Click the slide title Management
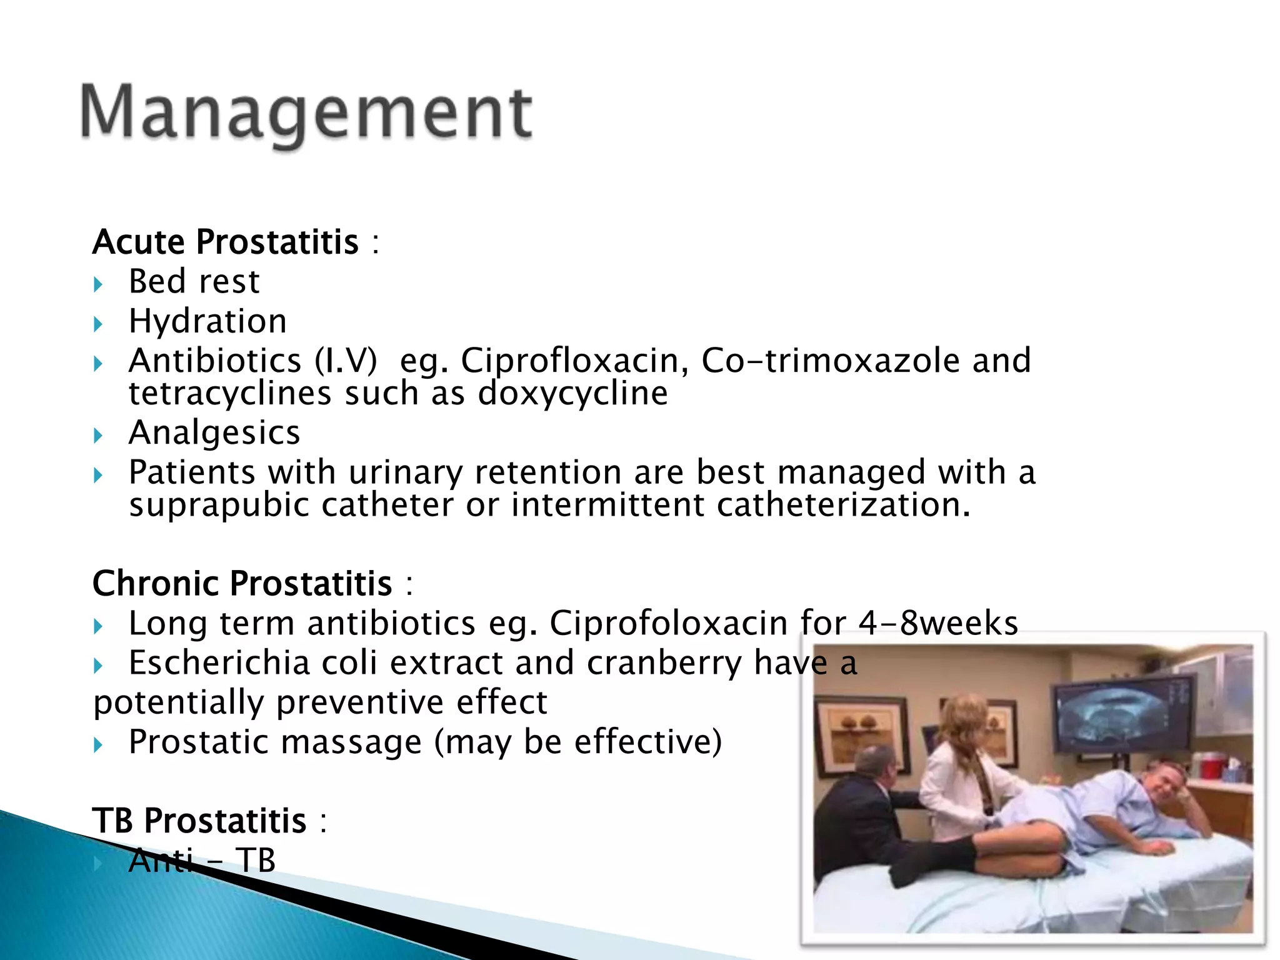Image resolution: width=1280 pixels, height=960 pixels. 306,112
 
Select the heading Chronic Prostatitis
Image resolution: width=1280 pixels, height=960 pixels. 242,583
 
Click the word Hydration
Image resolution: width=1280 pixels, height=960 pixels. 207,321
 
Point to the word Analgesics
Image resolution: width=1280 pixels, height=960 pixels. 214,432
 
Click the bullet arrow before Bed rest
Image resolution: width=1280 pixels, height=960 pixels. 98,285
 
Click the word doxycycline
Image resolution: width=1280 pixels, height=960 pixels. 572,394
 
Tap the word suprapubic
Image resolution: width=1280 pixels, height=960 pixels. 219,505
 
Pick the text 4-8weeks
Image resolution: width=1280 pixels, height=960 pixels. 938,623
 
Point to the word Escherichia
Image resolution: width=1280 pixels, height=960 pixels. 219,662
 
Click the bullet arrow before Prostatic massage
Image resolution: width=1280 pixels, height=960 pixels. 98,744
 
